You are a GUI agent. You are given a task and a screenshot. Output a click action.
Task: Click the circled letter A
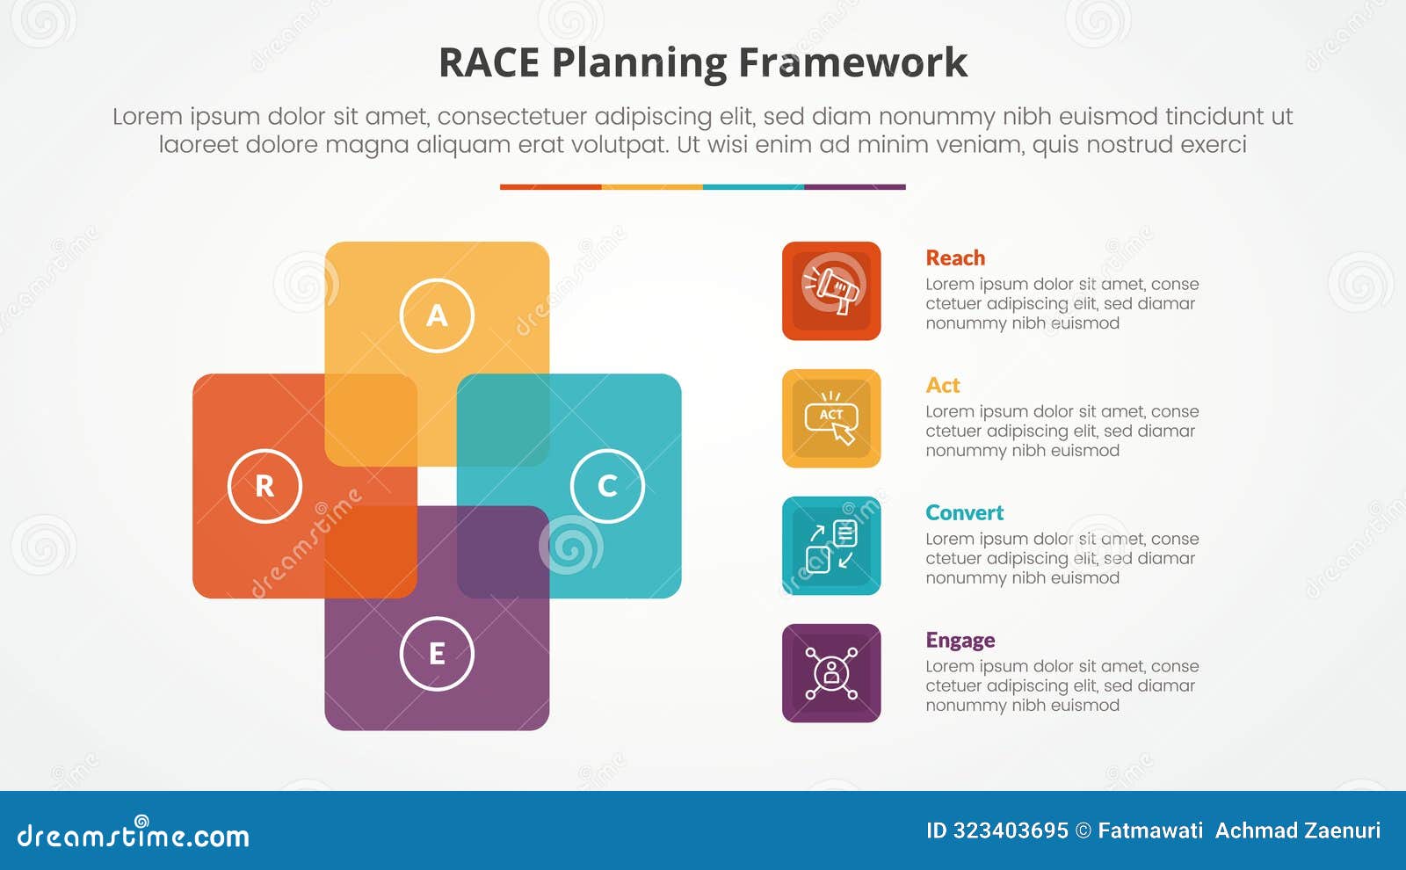(x=437, y=315)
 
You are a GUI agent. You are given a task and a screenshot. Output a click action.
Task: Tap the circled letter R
(x=265, y=486)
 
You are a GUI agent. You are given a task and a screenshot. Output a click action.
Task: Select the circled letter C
(x=607, y=486)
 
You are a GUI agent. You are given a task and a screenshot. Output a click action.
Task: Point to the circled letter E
(x=437, y=654)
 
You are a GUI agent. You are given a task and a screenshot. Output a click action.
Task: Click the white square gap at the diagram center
(x=437, y=486)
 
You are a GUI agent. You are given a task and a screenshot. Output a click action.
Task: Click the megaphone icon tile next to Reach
(x=831, y=291)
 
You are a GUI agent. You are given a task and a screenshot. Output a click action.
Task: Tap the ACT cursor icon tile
(x=831, y=418)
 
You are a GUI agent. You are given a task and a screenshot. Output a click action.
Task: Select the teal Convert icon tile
(x=831, y=546)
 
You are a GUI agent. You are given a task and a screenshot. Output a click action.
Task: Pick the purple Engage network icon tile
(x=831, y=673)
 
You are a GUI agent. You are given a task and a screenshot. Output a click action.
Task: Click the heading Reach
(x=955, y=258)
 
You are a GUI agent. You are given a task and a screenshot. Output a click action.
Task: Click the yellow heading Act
(x=942, y=386)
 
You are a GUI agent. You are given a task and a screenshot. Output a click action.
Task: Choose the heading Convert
(x=964, y=513)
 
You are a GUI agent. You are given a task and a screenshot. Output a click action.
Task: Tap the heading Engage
(x=960, y=641)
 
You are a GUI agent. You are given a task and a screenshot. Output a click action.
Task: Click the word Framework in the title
(x=852, y=63)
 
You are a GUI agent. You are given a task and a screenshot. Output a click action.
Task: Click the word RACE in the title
(x=489, y=63)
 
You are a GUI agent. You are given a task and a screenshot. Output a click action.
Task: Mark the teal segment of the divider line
(x=753, y=187)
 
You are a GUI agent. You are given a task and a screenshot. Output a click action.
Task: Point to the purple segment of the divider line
(x=854, y=187)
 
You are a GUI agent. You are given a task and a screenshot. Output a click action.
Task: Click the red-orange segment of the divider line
(x=550, y=187)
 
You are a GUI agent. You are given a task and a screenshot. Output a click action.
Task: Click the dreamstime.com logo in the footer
(x=134, y=835)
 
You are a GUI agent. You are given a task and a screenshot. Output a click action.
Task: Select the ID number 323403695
(x=1011, y=830)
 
